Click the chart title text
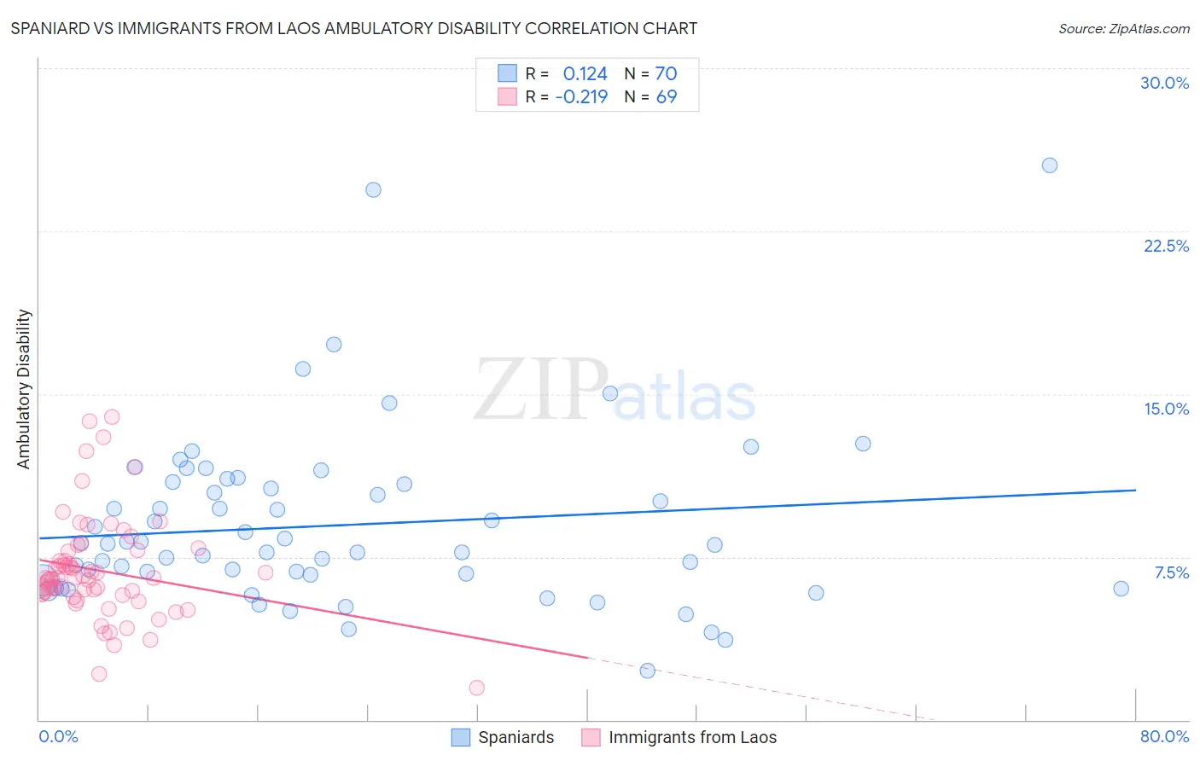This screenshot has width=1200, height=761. click(x=353, y=29)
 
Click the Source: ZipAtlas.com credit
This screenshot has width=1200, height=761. click(x=1123, y=29)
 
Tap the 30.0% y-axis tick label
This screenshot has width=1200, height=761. click(x=1164, y=83)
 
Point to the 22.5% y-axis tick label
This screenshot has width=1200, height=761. click(x=1166, y=246)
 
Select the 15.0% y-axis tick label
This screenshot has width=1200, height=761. click(x=1166, y=409)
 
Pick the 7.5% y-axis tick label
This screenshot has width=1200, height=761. click(x=1171, y=572)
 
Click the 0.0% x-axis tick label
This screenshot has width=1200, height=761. click(x=58, y=736)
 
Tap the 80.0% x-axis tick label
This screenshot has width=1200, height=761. click(x=1164, y=736)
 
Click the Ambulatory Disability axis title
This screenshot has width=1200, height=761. click(x=24, y=389)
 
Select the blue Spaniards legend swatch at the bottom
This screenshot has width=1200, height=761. click(x=461, y=737)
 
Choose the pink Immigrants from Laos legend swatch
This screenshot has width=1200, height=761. click(x=591, y=737)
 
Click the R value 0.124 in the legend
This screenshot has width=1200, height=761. click(x=585, y=74)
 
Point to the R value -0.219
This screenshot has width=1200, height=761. click(x=581, y=97)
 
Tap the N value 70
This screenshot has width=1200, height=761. click(x=666, y=74)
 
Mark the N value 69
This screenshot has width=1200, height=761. click(x=666, y=97)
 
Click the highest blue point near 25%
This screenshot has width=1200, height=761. click(x=1050, y=166)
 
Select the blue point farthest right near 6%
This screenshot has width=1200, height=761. click(x=1121, y=589)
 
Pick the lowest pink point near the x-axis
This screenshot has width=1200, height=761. click(x=477, y=688)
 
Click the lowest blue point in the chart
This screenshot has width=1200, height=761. click(x=648, y=671)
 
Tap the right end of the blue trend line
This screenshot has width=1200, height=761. click(x=1135, y=490)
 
